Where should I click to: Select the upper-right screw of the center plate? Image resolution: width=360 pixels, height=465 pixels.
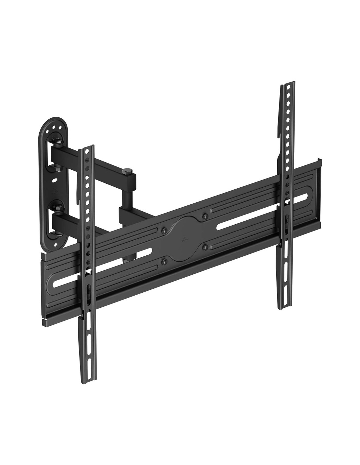(205, 216)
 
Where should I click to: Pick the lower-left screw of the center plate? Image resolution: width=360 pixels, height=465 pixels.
(164, 261)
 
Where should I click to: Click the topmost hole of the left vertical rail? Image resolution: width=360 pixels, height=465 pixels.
(86, 151)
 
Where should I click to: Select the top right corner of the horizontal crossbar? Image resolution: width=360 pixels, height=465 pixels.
(320, 160)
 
